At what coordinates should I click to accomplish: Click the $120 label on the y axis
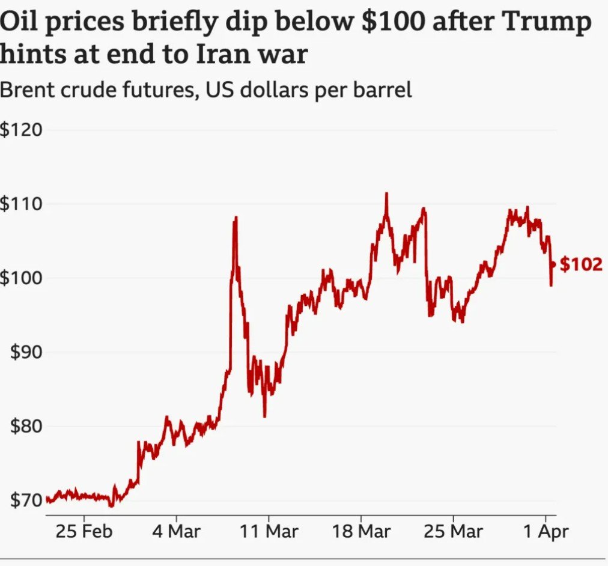pyautogui.click(x=22, y=130)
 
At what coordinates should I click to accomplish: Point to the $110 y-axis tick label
pyautogui.click(x=22, y=204)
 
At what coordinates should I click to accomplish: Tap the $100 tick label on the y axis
pyautogui.click(x=22, y=278)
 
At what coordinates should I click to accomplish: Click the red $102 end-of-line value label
pyautogui.click(x=580, y=264)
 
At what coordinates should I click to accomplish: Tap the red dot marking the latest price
pyautogui.click(x=553, y=264)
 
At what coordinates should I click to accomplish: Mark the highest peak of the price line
pyautogui.click(x=386, y=194)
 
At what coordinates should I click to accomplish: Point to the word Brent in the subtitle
pyautogui.click(x=28, y=91)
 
